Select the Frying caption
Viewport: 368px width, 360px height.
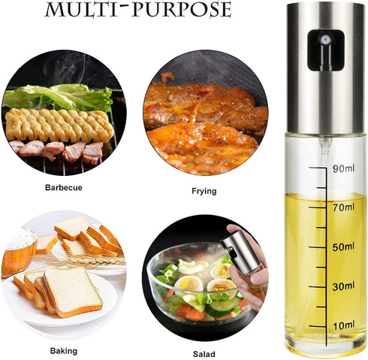tap(204, 191)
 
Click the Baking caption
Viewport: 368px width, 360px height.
tap(63, 350)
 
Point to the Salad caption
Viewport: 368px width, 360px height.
tap(204, 353)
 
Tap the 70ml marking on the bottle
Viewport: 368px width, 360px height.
tap(342, 207)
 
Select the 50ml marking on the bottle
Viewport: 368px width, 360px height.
tap(342, 247)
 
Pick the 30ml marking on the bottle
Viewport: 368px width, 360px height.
tap(342, 286)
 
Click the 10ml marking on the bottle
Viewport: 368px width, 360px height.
tap(342, 324)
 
